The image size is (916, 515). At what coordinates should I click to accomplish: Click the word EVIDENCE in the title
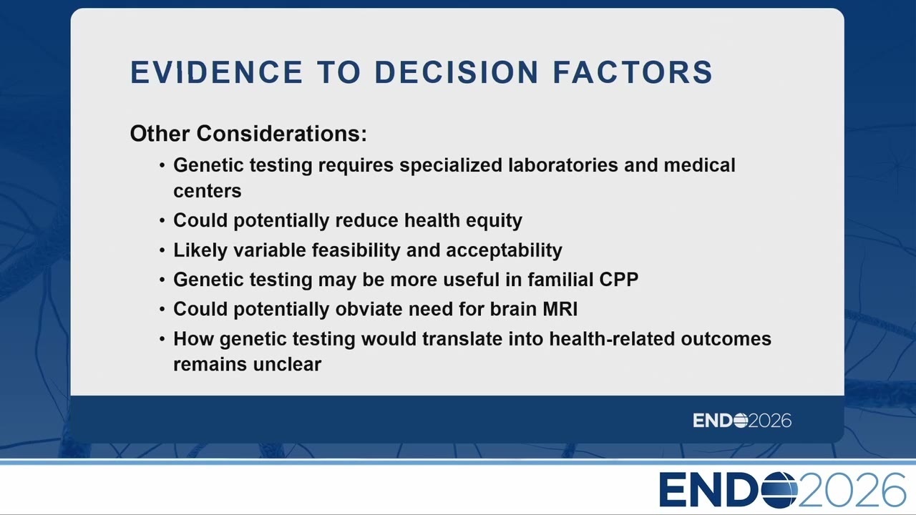pyautogui.click(x=216, y=72)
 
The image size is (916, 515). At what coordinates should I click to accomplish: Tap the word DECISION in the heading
pyautogui.click(x=456, y=72)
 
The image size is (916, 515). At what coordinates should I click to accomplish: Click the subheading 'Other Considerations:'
pyautogui.click(x=248, y=134)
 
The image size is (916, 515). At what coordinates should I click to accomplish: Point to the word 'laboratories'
pyautogui.click(x=563, y=165)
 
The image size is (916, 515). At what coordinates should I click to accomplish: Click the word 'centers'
pyautogui.click(x=208, y=191)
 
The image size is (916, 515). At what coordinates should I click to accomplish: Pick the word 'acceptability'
pyautogui.click(x=504, y=250)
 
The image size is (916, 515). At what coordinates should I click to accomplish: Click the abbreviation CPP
pyautogui.click(x=619, y=280)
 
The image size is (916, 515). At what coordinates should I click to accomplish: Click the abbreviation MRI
pyautogui.click(x=560, y=310)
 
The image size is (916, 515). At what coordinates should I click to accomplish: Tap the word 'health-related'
pyautogui.click(x=612, y=339)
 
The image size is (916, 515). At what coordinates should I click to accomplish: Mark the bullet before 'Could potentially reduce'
pyautogui.click(x=162, y=221)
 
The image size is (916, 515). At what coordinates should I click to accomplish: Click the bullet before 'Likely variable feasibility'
pyautogui.click(x=162, y=250)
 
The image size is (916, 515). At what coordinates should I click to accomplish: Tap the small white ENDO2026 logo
pyautogui.click(x=742, y=421)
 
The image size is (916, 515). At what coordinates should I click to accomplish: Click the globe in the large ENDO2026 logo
pyautogui.click(x=779, y=490)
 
